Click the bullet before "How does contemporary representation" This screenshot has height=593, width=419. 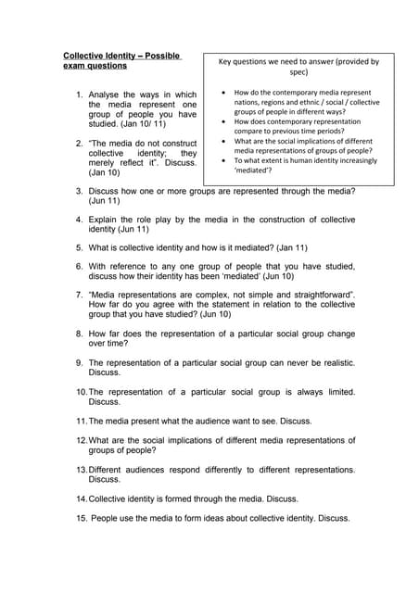(x=224, y=121)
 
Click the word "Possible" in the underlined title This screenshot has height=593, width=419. (x=156, y=57)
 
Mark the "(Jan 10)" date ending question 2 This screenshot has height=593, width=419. (x=104, y=172)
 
